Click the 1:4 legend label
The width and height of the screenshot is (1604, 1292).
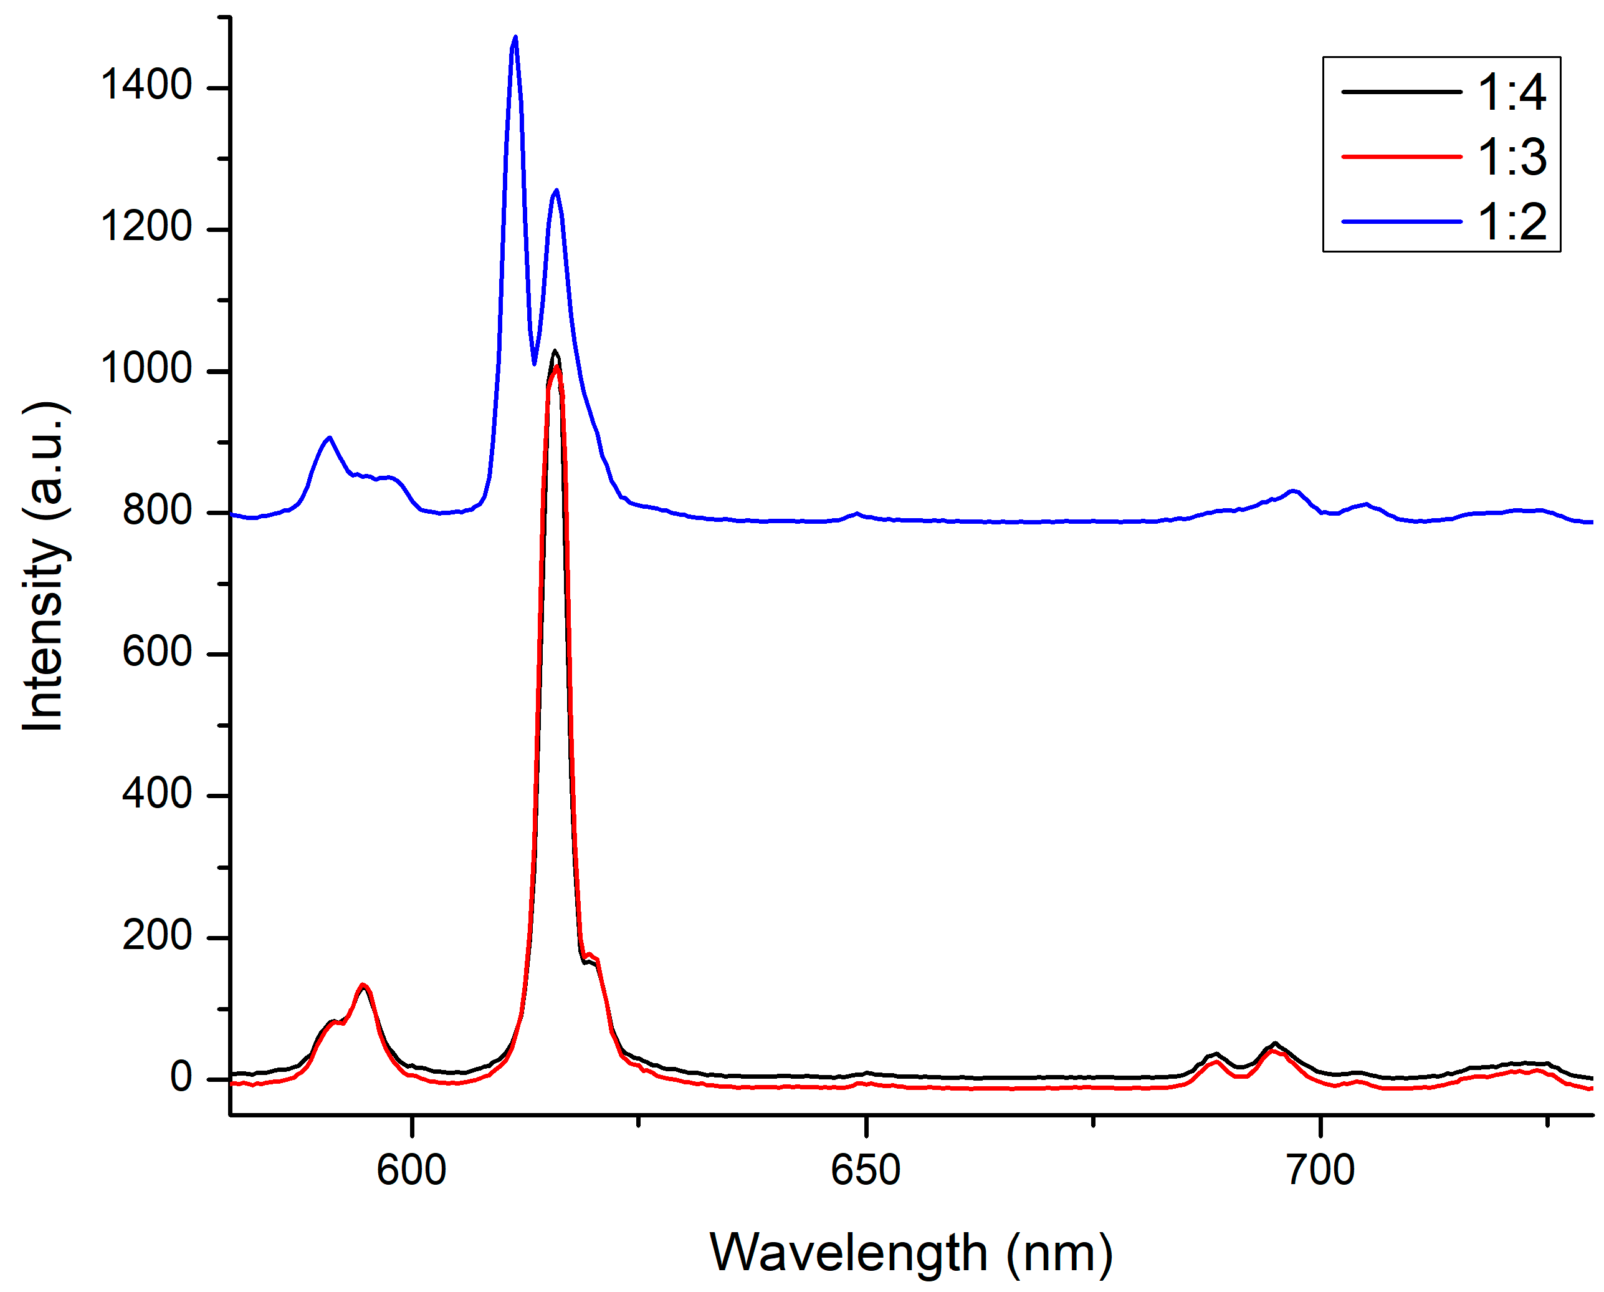coord(1511,93)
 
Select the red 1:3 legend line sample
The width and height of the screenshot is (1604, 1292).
coord(1401,157)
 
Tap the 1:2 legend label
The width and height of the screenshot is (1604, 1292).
coord(1511,222)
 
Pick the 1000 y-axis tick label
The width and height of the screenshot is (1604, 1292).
coord(146,368)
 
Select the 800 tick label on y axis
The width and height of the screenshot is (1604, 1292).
coord(157,510)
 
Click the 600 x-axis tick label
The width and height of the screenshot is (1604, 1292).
coord(411,1169)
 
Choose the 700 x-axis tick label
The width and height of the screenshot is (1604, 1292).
coord(1320,1169)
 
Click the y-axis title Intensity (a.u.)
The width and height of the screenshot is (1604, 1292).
coord(45,567)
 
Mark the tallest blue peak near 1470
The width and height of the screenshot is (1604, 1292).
coord(515,37)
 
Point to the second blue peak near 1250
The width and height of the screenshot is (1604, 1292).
coord(556,191)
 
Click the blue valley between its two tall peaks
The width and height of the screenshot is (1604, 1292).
coord(534,363)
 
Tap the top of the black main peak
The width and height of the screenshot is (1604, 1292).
coord(554,350)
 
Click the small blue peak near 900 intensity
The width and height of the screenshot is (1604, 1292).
coord(330,438)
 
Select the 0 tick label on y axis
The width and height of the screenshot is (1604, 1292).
coord(181,1077)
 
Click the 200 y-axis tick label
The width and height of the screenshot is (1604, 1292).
coord(157,935)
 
